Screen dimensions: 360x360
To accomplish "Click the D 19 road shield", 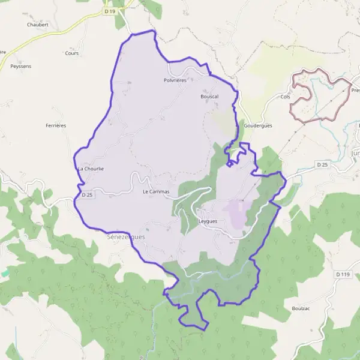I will (109, 11).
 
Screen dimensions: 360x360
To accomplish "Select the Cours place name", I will (72, 53).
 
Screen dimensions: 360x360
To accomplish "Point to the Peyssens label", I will (21, 65).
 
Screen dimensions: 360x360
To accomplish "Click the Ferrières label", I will (56, 125).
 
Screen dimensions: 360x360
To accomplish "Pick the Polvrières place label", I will (175, 80).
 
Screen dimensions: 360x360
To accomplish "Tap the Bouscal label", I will (209, 96).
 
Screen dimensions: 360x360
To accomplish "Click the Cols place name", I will (285, 96).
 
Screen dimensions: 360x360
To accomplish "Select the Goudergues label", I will (259, 127).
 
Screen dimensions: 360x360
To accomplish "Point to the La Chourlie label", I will (91, 169).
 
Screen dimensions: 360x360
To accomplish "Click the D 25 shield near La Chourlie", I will (87, 194).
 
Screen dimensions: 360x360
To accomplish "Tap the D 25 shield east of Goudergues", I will (322, 164).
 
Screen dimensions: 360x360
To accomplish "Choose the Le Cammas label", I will (156, 192).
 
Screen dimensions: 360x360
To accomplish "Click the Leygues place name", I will (207, 221).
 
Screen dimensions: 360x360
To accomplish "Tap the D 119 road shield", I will (342, 274).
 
